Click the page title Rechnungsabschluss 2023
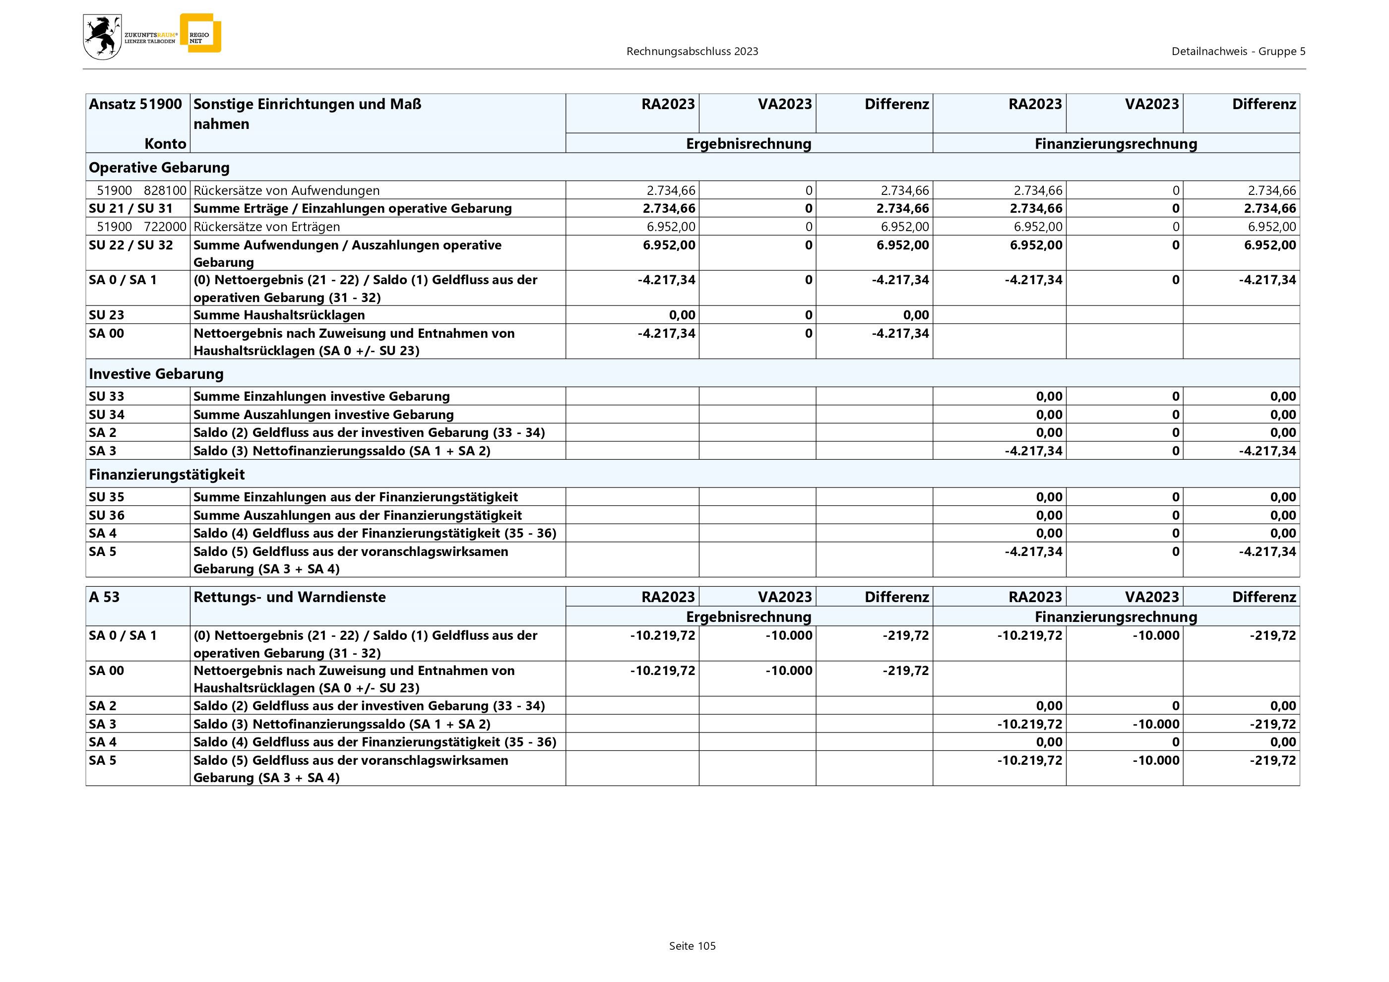692,52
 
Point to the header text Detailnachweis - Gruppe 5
1238,52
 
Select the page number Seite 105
692,946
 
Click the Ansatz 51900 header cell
135,104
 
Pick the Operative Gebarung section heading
159,168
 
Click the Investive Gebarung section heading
156,373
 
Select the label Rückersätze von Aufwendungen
286,190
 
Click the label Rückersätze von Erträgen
266,227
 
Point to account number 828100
165,190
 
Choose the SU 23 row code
107,315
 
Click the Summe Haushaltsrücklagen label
279,315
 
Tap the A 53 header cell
104,597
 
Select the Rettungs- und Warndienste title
289,597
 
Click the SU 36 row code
107,515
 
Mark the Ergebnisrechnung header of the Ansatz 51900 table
749,144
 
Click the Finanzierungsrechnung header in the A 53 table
1116,617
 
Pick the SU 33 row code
107,396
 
